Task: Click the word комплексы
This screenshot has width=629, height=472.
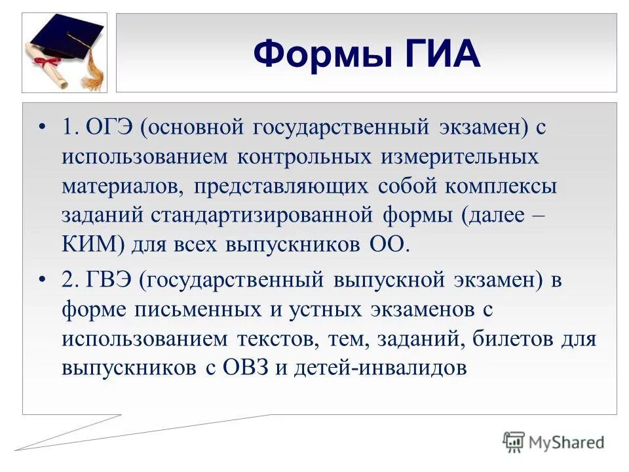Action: (501, 186)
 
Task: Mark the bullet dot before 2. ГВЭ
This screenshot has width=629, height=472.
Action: (44, 280)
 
